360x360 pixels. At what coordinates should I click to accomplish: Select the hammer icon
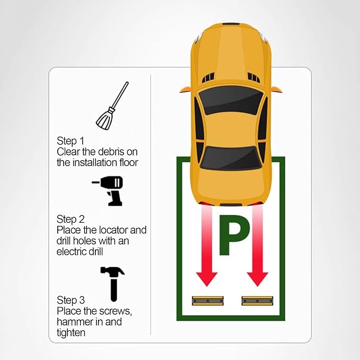(113, 284)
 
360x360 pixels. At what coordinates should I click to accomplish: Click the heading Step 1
(71, 141)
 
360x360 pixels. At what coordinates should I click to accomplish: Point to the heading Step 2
(71, 219)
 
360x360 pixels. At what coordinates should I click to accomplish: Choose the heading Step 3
(71, 300)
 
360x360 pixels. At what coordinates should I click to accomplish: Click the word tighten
(71, 333)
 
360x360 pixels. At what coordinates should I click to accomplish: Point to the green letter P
(234, 235)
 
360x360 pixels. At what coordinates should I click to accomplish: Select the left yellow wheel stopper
(208, 301)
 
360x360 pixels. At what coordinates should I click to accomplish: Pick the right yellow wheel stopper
(257, 301)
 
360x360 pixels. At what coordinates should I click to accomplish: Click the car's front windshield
(231, 100)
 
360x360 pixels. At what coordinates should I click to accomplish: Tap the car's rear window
(231, 158)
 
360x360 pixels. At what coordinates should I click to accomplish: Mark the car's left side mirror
(185, 89)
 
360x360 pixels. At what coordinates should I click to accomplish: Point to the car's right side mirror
(277, 89)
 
